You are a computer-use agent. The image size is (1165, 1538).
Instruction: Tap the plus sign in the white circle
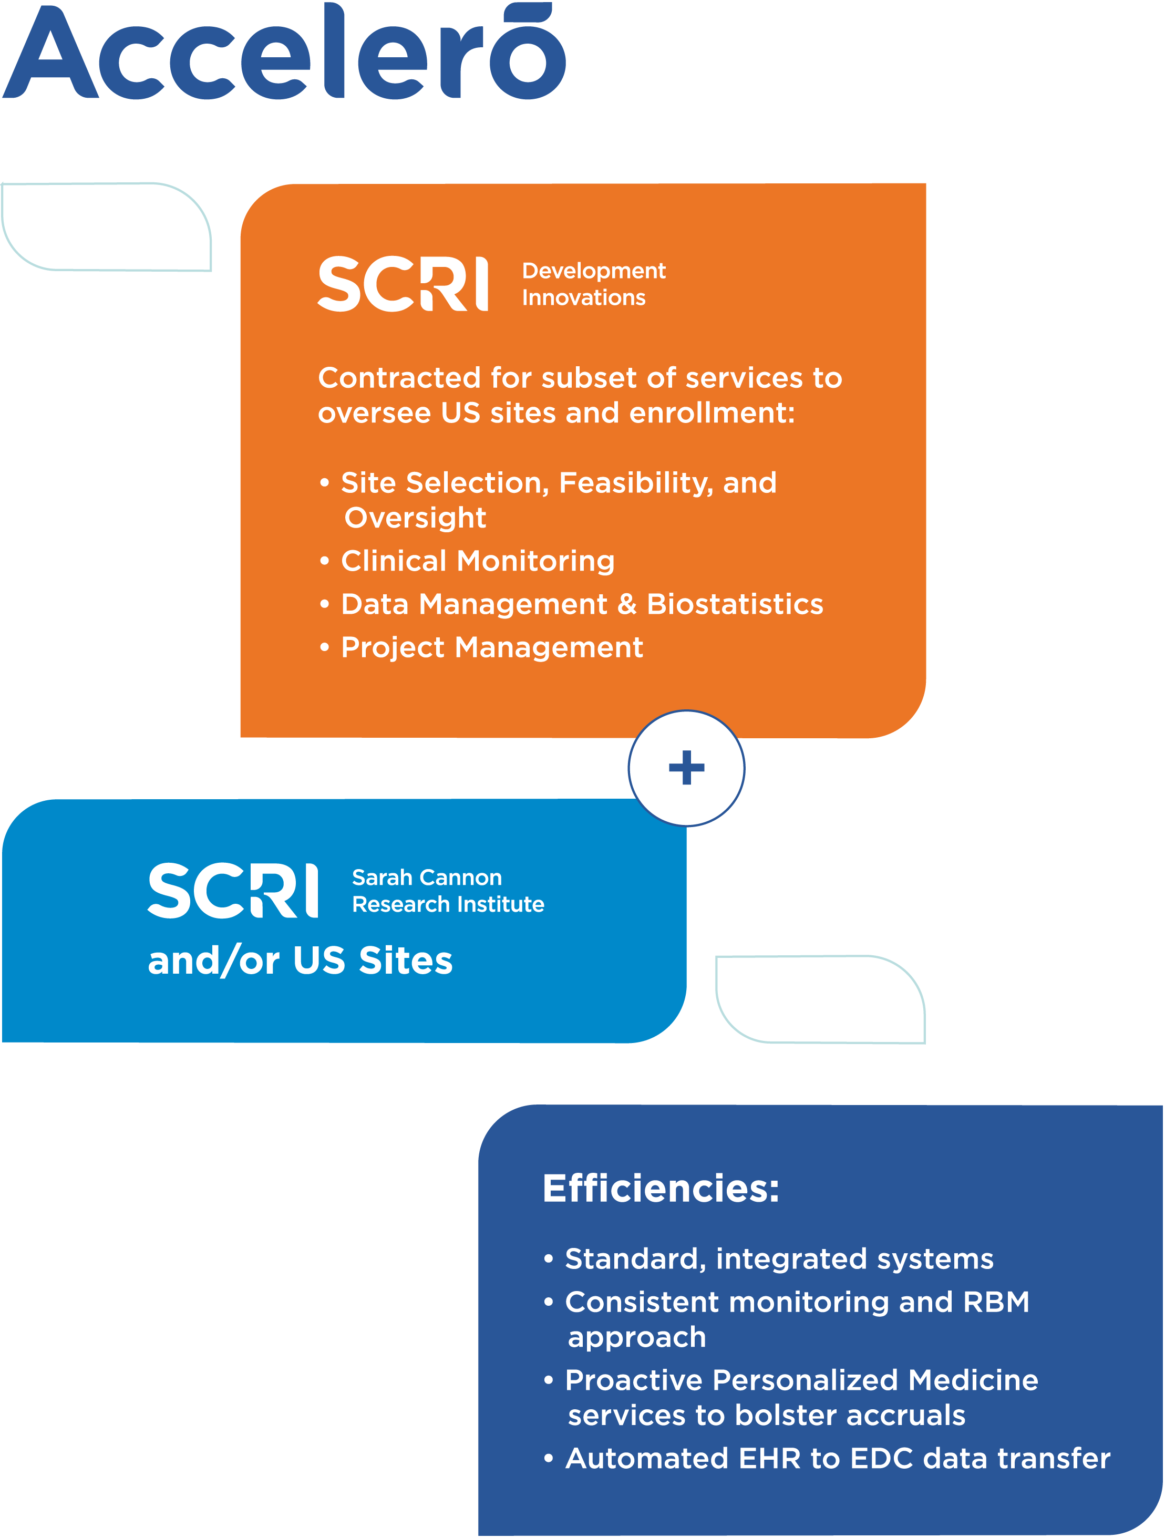pyautogui.click(x=686, y=768)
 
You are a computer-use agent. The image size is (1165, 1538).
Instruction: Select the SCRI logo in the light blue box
pyautogui.click(x=233, y=891)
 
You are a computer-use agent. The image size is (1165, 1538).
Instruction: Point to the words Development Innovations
pyautogui.click(x=593, y=284)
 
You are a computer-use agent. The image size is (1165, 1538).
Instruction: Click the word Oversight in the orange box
pyautogui.click(x=415, y=518)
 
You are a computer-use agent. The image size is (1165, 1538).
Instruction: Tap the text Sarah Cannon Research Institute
pyautogui.click(x=447, y=891)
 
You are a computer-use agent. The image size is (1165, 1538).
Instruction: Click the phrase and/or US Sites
pyautogui.click(x=301, y=961)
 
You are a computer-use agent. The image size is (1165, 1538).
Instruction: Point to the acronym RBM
pyautogui.click(x=996, y=1302)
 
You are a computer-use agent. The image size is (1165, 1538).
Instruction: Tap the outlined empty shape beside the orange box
pyautogui.click(x=107, y=226)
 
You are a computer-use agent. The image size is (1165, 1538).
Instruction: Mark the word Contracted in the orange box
pyautogui.click(x=399, y=378)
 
